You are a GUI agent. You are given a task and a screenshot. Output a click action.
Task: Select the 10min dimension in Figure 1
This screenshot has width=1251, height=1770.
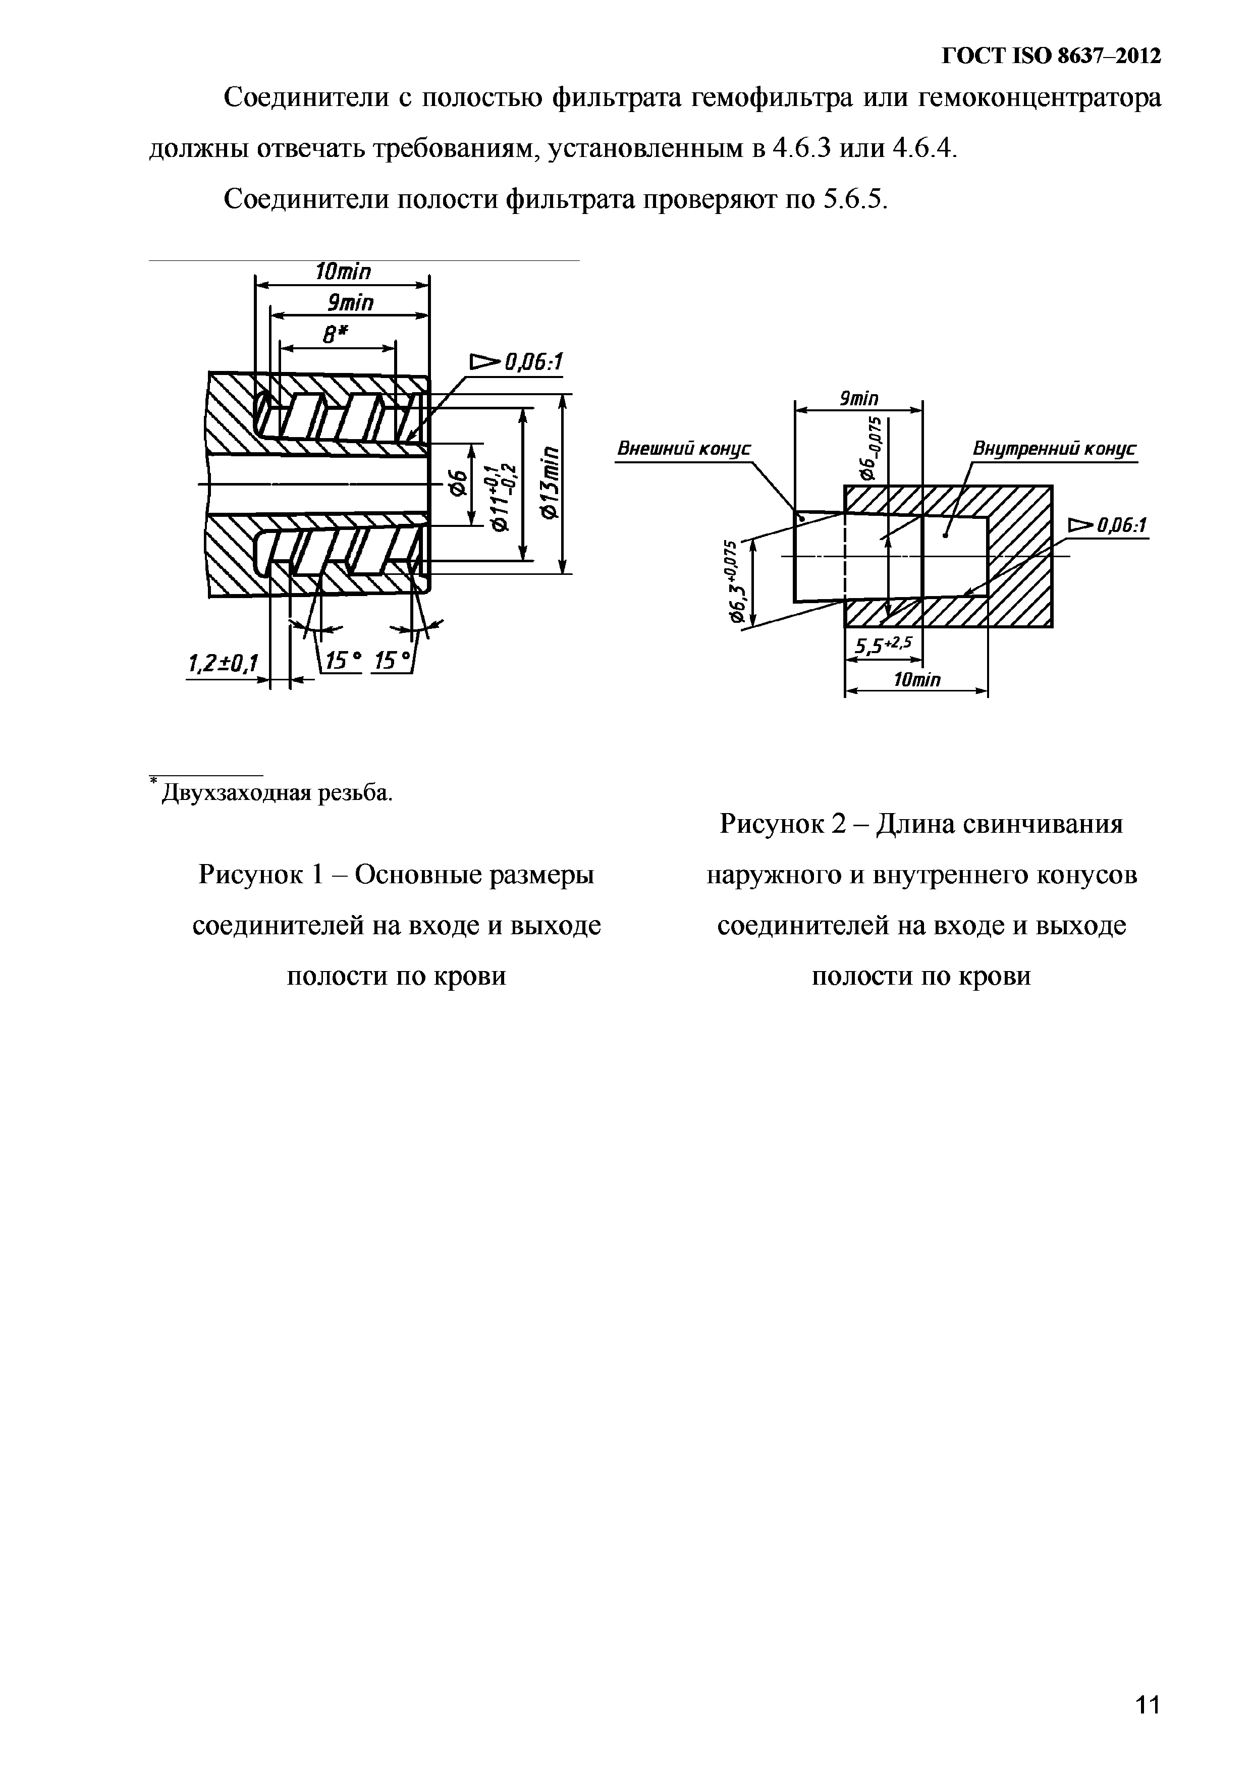coord(343,272)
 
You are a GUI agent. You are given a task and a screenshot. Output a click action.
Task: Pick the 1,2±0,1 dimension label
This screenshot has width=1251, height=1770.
coord(224,662)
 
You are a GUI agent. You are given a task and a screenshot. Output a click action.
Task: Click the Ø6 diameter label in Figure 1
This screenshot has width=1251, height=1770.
coord(458,484)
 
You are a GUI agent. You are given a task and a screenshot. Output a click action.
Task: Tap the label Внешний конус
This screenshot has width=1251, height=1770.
coord(684,449)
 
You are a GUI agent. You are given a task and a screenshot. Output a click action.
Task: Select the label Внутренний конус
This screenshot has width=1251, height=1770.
coord(1054,449)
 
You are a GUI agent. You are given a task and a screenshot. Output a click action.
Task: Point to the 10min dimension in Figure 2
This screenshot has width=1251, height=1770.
coord(916,680)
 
